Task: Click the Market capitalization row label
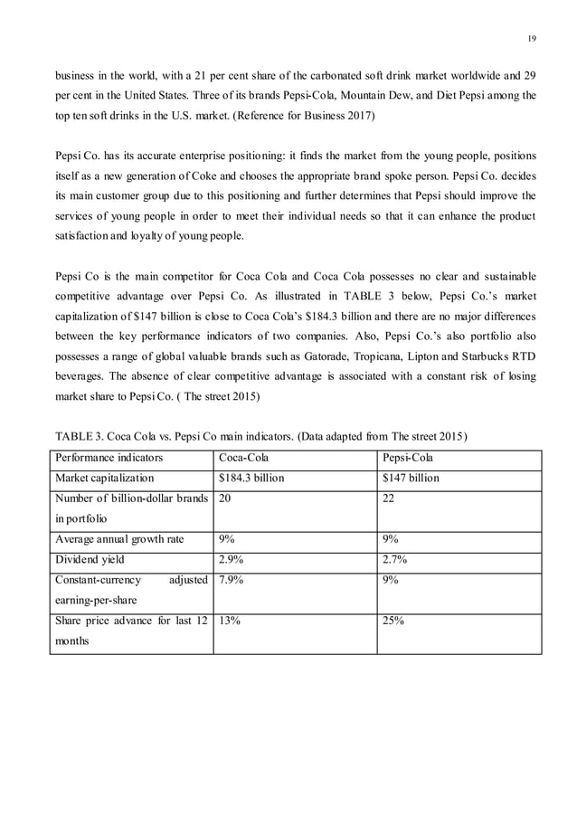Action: click(105, 478)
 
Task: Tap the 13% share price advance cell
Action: click(230, 621)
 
